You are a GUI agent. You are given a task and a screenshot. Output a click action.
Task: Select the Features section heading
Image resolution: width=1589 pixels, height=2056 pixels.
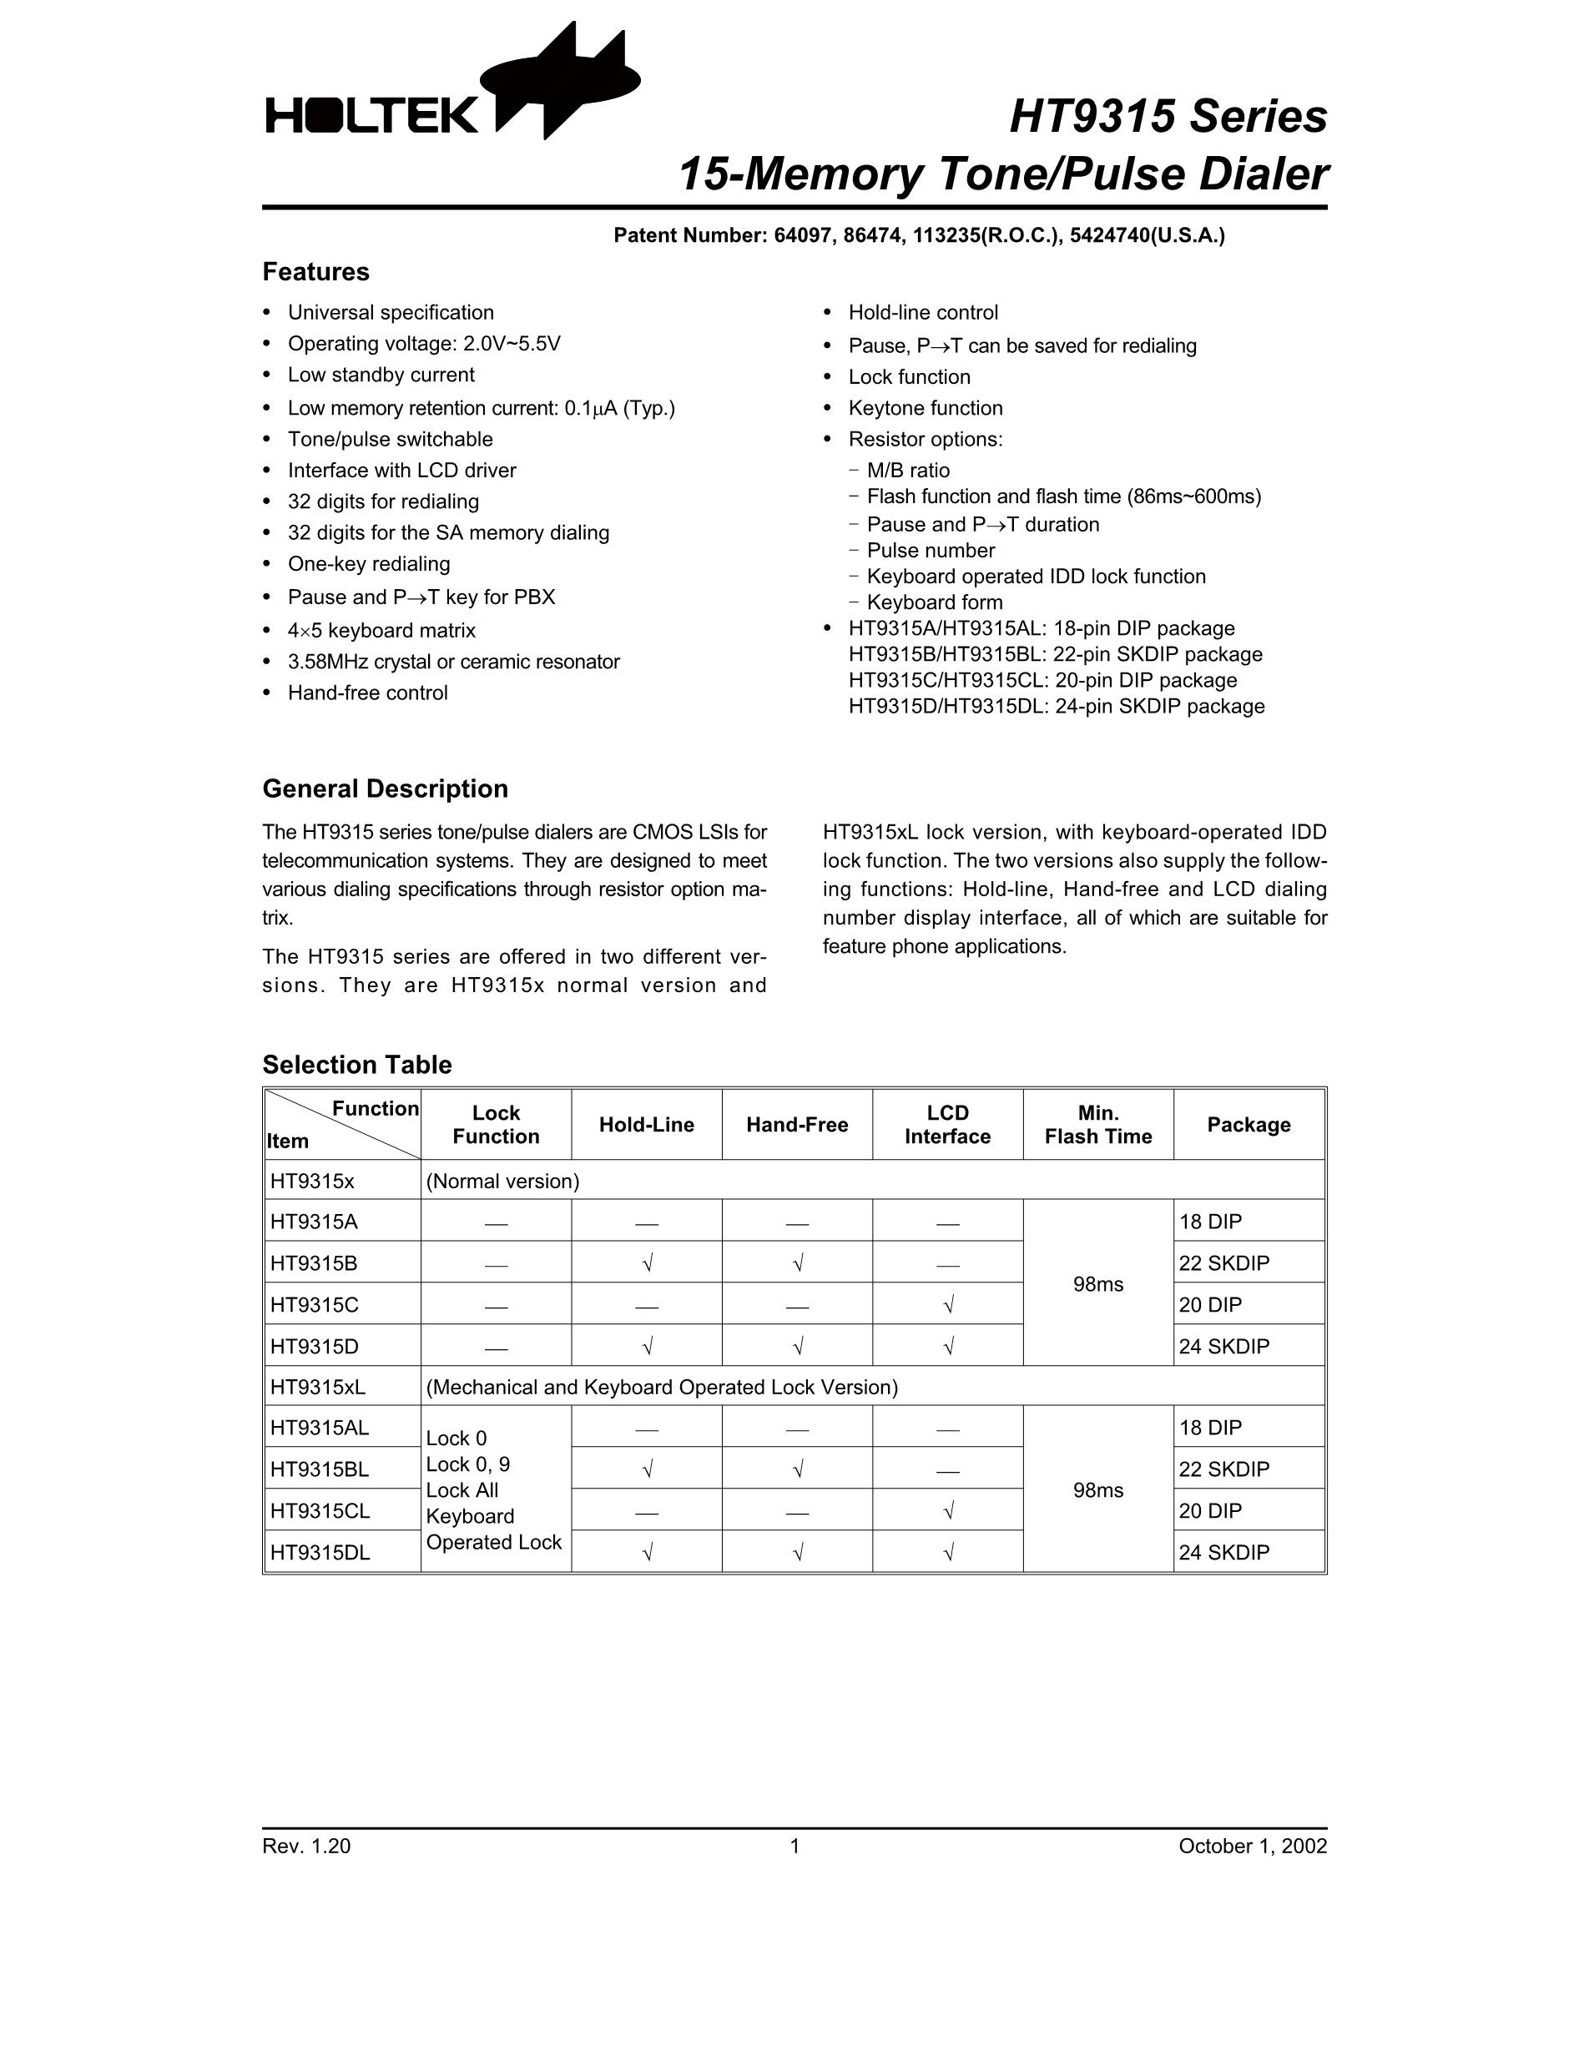[315, 272]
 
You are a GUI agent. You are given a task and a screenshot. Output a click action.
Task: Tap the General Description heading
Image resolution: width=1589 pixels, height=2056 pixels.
[384, 789]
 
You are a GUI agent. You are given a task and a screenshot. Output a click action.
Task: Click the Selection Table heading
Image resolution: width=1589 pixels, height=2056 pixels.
[356, 1065]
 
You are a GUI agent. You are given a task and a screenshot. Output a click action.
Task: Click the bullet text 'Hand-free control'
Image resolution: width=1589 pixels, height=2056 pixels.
[367, 693]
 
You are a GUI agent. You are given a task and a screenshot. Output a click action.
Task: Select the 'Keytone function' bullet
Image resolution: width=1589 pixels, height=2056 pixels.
[926, 408]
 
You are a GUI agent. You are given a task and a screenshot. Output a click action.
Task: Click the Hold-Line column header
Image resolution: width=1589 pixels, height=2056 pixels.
[646, 1125]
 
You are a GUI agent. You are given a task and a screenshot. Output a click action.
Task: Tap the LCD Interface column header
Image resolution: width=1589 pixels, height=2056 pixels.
[947, 1125]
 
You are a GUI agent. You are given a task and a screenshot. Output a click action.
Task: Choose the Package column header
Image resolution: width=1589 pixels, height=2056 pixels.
[1248, 1125]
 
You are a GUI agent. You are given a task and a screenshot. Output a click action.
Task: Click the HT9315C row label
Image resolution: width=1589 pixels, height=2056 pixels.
[315, 1305]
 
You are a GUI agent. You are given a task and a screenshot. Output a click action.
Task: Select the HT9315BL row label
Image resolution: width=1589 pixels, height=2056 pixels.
[319, 1469]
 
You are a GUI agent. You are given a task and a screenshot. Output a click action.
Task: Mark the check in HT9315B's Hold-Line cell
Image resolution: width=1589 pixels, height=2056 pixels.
[647, 1263]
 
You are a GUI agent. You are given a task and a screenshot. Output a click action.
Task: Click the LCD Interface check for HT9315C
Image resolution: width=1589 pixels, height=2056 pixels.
[948, 1305]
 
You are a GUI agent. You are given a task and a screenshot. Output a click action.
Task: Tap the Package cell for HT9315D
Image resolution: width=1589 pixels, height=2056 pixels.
[1223, 1346]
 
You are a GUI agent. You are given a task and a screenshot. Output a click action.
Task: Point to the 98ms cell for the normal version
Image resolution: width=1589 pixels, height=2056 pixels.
[1097, 1284]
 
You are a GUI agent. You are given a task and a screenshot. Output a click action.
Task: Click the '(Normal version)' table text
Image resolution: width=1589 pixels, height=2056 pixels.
[502, 1182]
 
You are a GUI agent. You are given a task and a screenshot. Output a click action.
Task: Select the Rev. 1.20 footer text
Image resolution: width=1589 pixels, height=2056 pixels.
[306, 1846]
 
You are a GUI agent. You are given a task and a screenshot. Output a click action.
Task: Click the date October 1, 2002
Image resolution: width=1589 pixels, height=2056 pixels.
[1252, 1846]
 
